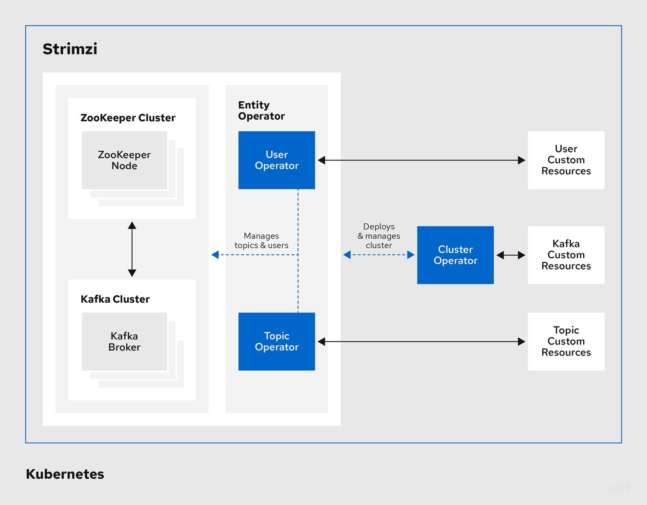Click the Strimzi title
(x=70, y=49)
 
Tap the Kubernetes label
(x=65, y=474)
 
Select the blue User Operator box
(x=277, y=160)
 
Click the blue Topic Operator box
(x=277, y=341)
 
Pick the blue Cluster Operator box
(x=455, y=255)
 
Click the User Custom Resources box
(x=566, y=160)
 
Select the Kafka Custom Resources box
(x=566, y=255)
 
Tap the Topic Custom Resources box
(x=566, y=341)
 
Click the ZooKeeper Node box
(x=124, y=160)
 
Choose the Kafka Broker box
(x=124, y=341)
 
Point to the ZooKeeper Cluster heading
(x=128, y=118)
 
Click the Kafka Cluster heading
(x=115, y=299)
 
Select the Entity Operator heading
(x=261, y=111)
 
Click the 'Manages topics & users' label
(x=261, y=241)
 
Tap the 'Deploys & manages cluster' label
(x=379, y=236)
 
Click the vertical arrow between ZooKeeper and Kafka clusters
(x=132, y=249)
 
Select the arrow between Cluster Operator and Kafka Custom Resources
(x=511, y=255)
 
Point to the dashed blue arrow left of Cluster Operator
(x=379, y=255)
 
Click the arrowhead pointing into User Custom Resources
(x=521, y=160)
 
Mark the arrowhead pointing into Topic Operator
(x=322, y=341)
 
